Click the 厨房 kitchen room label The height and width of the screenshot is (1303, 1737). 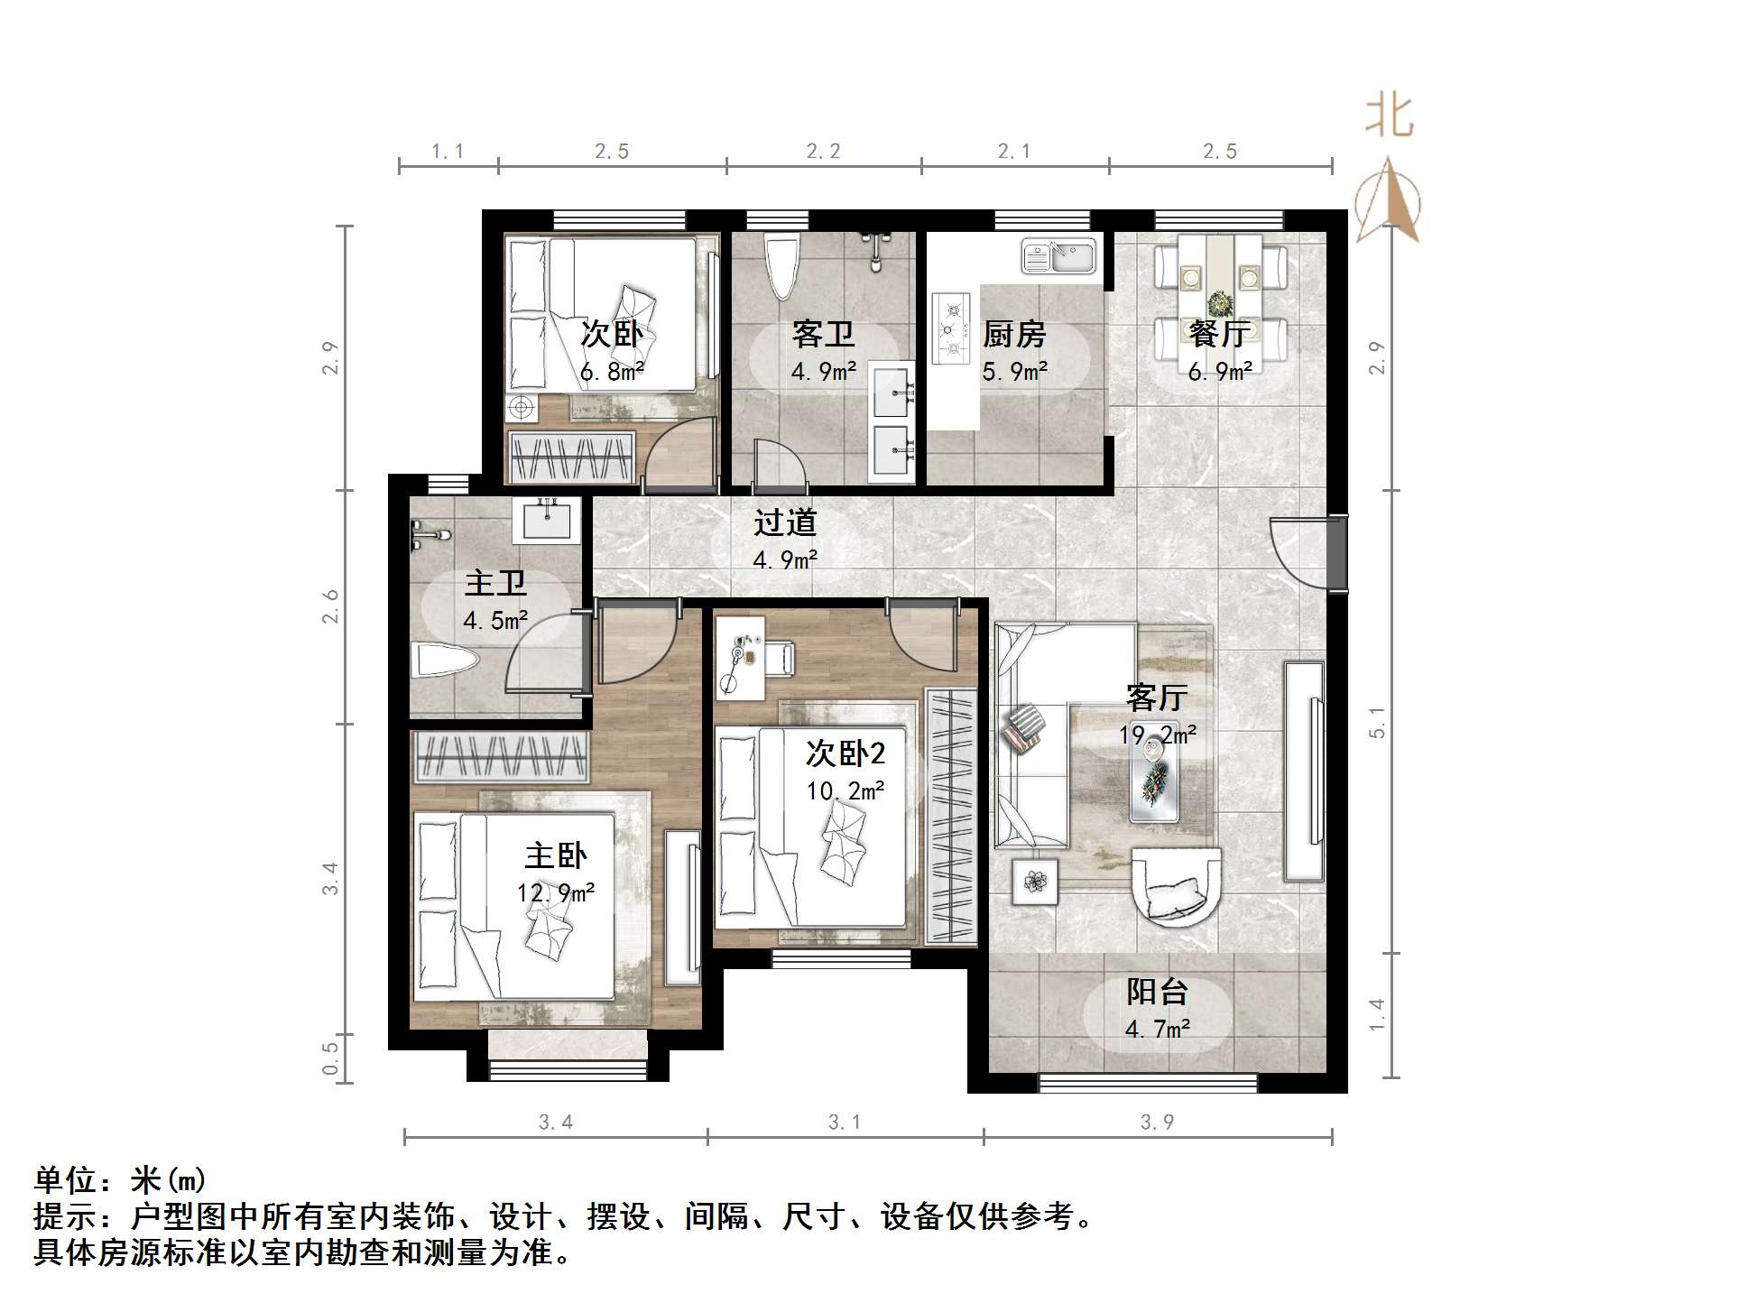click(1014, 335)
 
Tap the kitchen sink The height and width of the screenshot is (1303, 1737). click(1058, 256)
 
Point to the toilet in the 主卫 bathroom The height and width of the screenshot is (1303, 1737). click(442, 661)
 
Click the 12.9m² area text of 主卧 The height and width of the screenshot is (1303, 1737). click(555, 893)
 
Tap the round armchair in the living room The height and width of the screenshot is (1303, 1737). click(1176, 885)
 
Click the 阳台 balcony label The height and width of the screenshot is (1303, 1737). click(1157, 992)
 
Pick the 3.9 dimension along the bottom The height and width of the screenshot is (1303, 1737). click(1157, 1122)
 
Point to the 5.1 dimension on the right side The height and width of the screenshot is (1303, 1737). click(1377, 722)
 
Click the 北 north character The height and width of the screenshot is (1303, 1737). click(1390, 117)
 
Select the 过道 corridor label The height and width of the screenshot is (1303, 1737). click(785, 522)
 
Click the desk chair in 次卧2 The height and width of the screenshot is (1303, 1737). click(781, 658)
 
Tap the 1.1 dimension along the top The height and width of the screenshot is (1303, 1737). click(448, 152)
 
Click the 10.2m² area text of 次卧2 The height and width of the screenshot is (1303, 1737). click(845, 791)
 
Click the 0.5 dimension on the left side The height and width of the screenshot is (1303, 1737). click(330, 1058)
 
